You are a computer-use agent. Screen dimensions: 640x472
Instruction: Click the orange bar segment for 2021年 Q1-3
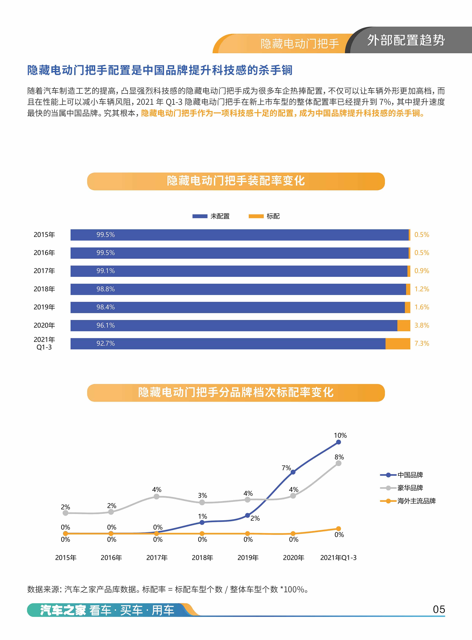[x=398, y=343]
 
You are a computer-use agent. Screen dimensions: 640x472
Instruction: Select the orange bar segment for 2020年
[x=404, y=326]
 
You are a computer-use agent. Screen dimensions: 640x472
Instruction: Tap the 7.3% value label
[x=422, y=343]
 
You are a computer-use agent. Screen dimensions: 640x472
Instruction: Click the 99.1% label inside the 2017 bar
[x=105, y=271]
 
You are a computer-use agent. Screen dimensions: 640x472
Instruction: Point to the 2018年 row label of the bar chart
[x=44, y=289]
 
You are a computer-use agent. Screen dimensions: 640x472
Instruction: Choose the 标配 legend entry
[x=264, y=216]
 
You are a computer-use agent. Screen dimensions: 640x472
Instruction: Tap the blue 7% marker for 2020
[x=293, y=472]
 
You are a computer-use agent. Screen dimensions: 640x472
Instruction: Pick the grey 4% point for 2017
[x=157, y=496]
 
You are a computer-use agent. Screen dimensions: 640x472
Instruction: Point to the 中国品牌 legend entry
[x=401, y=475]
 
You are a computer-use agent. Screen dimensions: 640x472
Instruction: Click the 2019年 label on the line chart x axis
[x=248, y=557]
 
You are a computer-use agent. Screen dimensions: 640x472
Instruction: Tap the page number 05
[x=439, y=609]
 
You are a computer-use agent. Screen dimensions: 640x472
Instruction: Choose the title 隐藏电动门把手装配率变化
[x=236, y=181]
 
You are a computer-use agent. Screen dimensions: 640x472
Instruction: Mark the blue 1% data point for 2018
[x=202, y=522]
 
